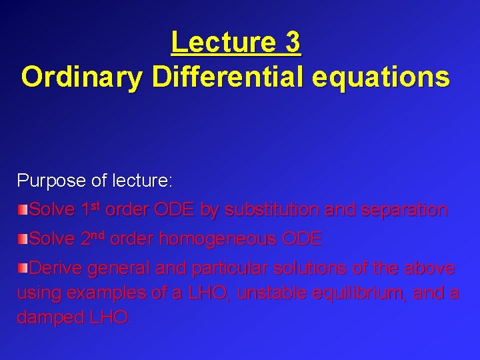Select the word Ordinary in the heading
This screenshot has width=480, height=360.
(x=81, y=77)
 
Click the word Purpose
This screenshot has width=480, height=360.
(x=45, y=181)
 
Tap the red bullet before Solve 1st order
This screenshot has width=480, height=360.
(x=23, y=210)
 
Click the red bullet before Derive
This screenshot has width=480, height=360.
(x=23, y=269)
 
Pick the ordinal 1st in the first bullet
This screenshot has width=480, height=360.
(x=91, y=209)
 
